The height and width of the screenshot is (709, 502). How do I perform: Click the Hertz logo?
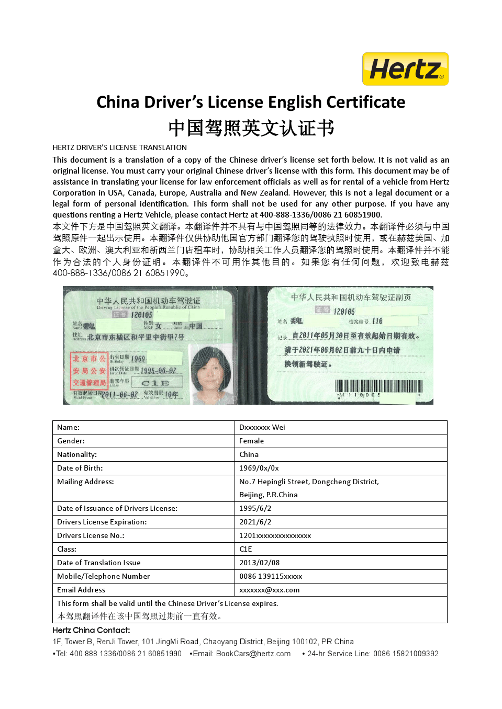coord(405,69)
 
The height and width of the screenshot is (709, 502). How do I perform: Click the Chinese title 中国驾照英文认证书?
coord(251,128)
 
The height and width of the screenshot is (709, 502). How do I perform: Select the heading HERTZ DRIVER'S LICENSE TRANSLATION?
coord(119,147)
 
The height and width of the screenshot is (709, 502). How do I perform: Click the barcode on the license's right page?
coord(378,387)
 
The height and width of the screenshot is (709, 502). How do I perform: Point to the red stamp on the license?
coord(89,371)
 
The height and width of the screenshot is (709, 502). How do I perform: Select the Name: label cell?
coord(69,427)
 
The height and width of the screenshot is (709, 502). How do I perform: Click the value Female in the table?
coord(251,441)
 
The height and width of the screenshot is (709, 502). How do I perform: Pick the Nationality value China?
coord(249,454)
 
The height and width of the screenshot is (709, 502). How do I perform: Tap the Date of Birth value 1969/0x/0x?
coord(259,468)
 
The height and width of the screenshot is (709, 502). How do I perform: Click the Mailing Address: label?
coord(85,482)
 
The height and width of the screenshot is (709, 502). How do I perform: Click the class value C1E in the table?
coord(246,549)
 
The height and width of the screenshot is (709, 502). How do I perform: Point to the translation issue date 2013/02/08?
coord(259,563)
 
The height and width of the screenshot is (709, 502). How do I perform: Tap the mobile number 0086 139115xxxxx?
coord(271,576)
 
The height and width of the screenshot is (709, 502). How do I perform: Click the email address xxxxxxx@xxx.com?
coord(269,590)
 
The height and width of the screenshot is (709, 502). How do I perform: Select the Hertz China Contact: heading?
coord(91,630)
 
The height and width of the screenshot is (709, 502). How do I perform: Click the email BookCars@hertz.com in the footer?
coord(253,654)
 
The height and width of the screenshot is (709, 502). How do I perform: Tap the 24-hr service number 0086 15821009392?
coord(406,654)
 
